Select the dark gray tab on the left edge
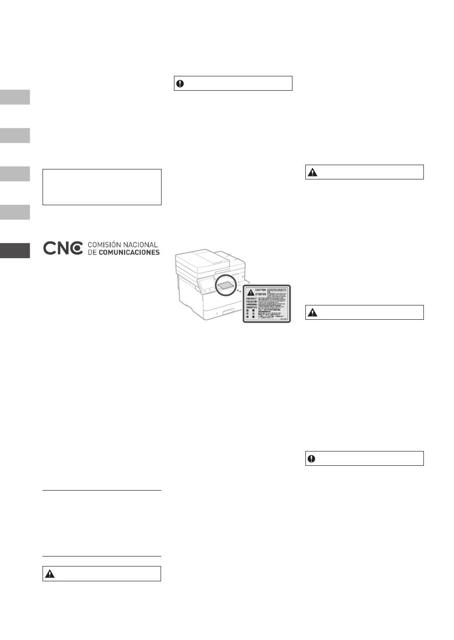[15, 251]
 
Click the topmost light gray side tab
[15, 97]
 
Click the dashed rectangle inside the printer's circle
[226, 285]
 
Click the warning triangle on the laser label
[250, 292]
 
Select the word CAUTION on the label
[260, 290]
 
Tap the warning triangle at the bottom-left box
[49, 574]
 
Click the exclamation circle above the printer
[180, 84]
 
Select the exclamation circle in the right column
[312, 459]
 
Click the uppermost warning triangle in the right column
[312, 172]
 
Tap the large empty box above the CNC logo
[102, 187]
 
